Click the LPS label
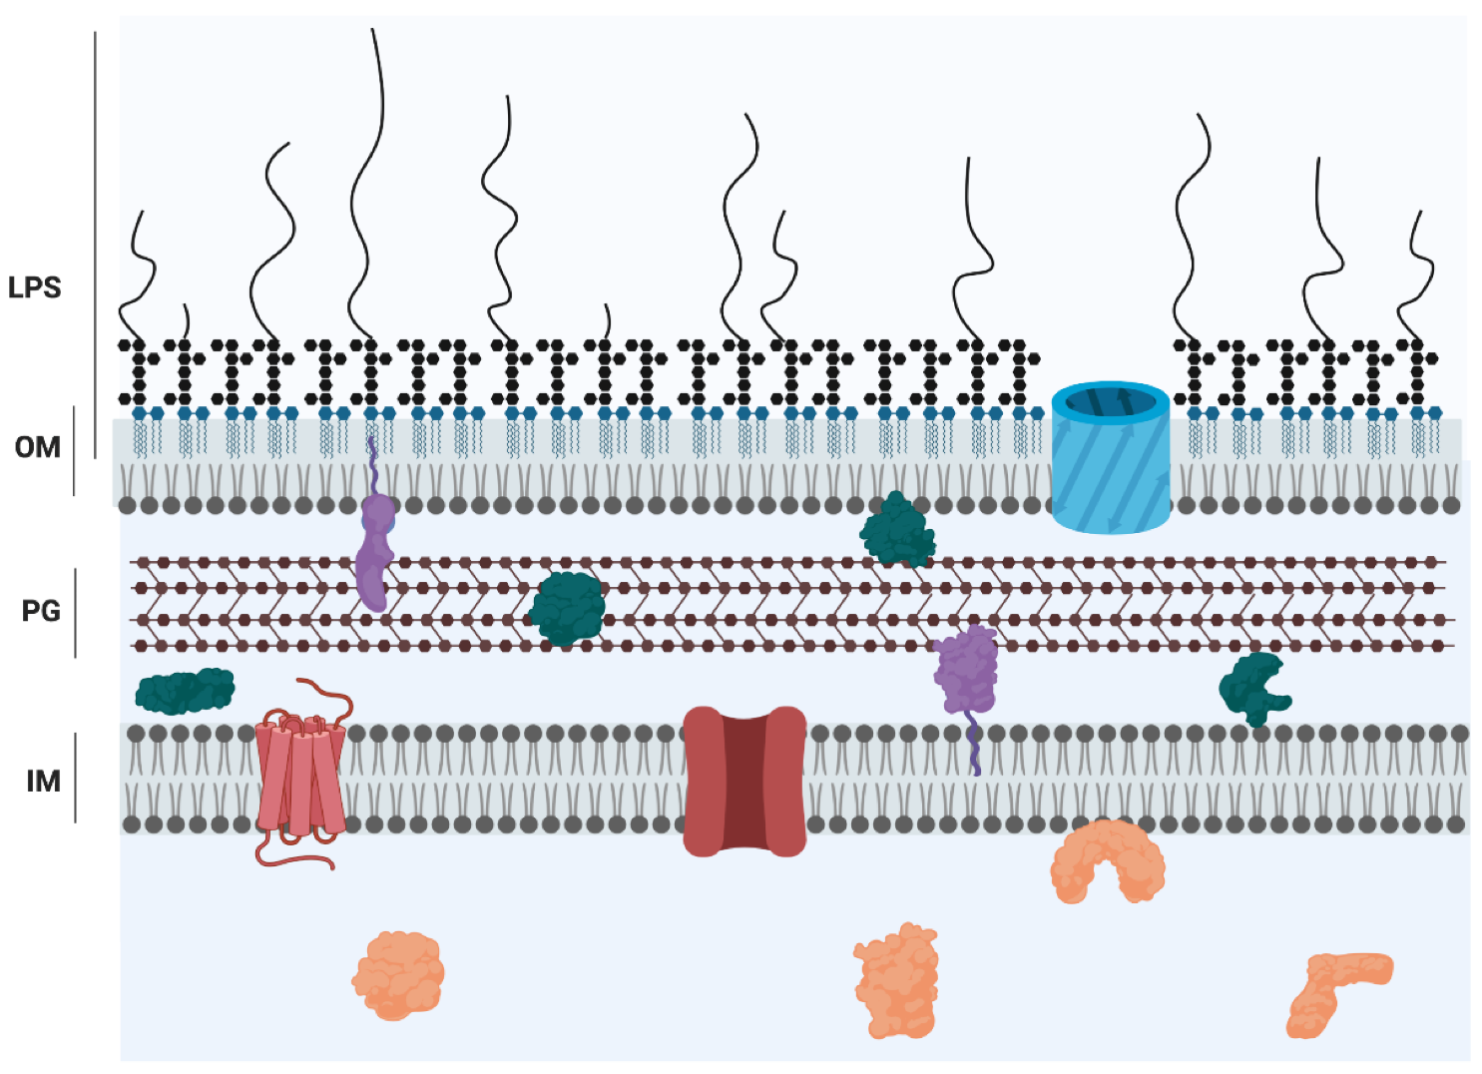[35, 287]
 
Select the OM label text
[38, 447]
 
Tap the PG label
[41, 611]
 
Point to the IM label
[43, 781]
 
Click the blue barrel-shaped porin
[1110, 469]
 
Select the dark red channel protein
[744, 781]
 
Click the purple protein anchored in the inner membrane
[965, 671]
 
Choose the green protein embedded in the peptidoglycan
[567, 608]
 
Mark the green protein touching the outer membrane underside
[897, 530]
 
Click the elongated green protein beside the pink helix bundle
[185, 691]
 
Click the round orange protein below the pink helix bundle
[398, 975]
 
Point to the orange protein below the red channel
[896, 981]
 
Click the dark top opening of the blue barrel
[1110, 402]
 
